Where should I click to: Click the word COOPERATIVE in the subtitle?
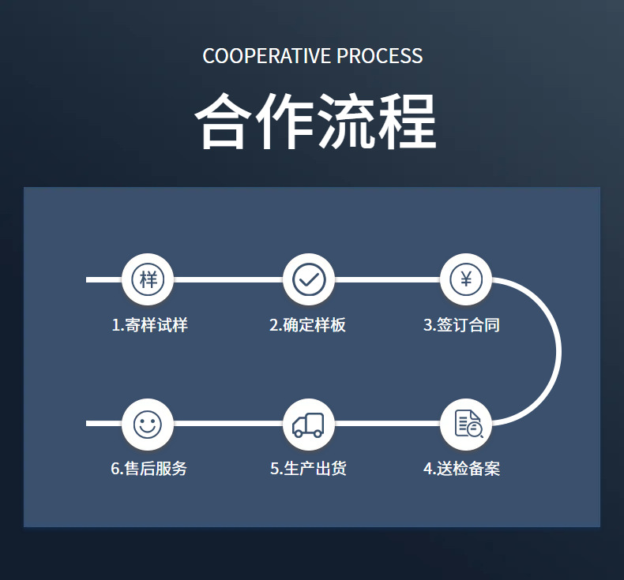[267, 57]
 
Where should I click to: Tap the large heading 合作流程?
[314, 122]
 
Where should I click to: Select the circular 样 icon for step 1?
[148, 279]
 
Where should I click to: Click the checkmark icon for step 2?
[309, 279]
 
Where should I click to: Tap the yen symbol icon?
[466, 279]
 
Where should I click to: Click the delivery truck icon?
[308, 425]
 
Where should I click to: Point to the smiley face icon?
[147, 425]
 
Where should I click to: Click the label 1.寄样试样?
[149, 325]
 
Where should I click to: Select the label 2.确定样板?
[307, 325]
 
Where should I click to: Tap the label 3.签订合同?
[461, 325]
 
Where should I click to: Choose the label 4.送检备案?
[461, 469]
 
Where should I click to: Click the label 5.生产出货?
[308, 469]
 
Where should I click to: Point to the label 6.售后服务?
[148, 469]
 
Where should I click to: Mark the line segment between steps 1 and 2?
[227, 279]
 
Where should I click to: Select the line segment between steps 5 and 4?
[387, 424]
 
